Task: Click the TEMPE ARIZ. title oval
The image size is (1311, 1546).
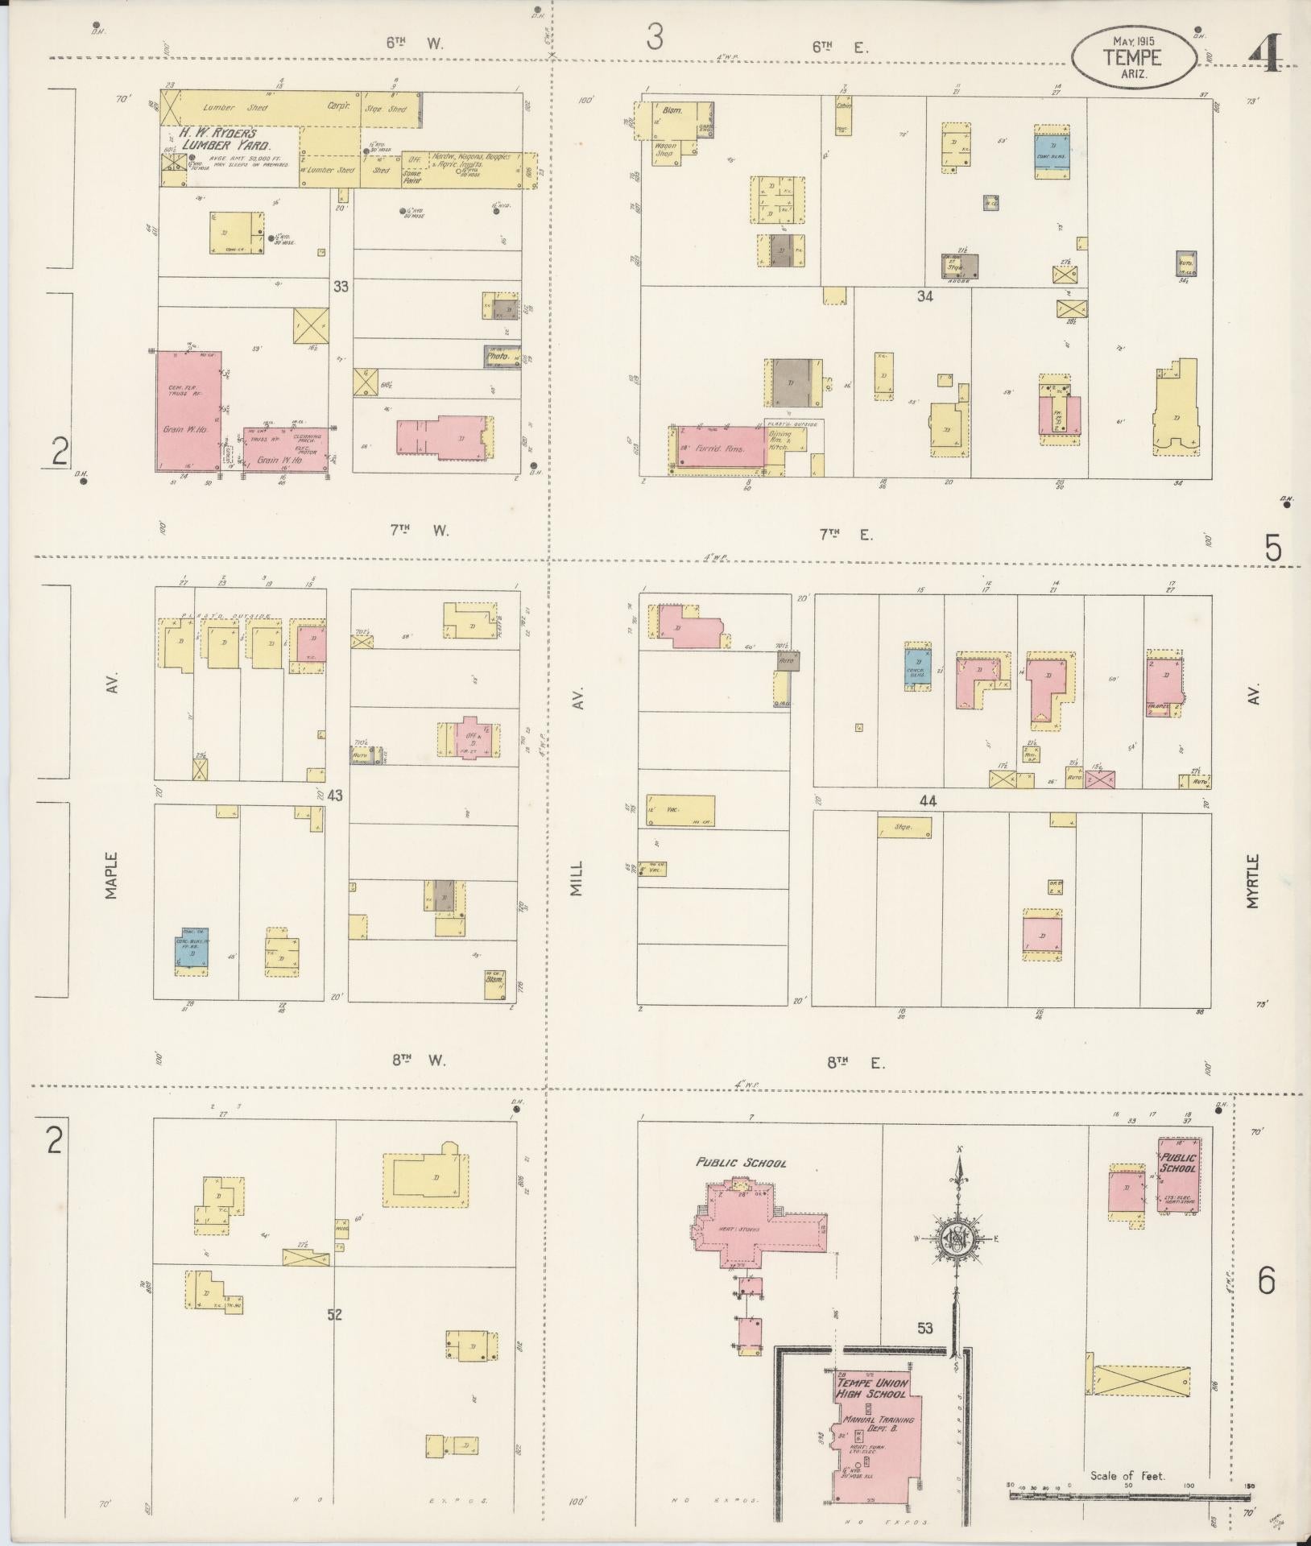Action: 1133,56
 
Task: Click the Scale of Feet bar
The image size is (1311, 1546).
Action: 1129,1495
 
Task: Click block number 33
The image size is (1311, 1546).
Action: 341,285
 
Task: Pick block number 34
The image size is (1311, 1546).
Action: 924,296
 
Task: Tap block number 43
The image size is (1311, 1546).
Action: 335,796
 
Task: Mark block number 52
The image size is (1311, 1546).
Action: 335,1315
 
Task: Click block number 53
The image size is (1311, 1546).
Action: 924,1328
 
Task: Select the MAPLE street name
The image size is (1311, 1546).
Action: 111,876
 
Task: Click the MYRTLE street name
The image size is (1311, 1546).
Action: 1253,882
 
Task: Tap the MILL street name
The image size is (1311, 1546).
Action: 577,876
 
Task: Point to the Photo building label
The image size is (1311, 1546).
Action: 498,355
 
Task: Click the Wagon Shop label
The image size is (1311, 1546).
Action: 664,148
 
